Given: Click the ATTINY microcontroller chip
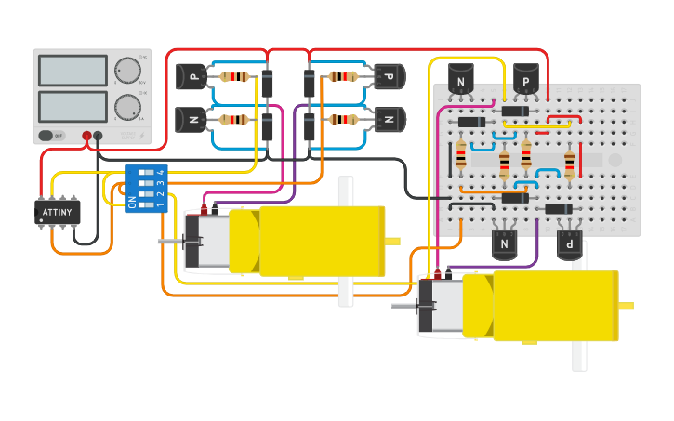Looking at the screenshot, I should [x=58, y=212].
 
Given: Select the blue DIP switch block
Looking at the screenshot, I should [x=146, y=189].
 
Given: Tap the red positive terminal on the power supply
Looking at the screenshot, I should [x=86, y=136].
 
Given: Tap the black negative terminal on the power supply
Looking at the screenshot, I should [x=99, y=136].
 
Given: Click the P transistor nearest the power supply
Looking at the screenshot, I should [x=191, y=76].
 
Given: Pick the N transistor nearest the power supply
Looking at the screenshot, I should [x=191, y=119].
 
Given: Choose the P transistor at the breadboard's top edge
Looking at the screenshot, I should [x=526, y=81].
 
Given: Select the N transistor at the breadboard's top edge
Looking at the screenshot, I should [x=461, y=81].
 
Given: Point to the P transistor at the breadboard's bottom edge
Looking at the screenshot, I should [x=569, y=244].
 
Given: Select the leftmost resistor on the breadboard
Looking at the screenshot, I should [x=461, y=155].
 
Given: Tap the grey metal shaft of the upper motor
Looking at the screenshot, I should [x=170, y=243].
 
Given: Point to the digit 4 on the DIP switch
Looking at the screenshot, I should [x=161, y=173].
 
